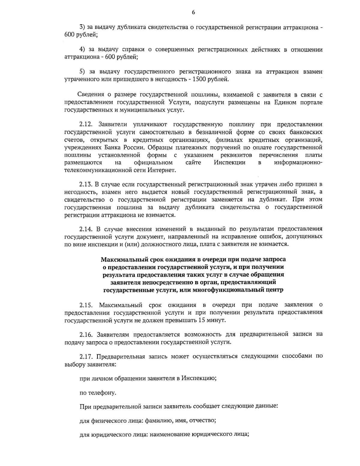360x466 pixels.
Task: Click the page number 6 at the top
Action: click(193, 12)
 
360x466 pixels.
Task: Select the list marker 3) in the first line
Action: click(82, 27)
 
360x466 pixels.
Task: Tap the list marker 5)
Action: click(82, 72)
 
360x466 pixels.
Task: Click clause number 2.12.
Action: click(86, 125)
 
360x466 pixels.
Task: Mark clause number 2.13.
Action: click(86, 184)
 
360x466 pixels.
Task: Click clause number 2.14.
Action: click(86, 229)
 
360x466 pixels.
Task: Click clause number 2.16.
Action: click(86, 334)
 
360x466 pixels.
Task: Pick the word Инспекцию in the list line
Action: click(200, 378)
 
